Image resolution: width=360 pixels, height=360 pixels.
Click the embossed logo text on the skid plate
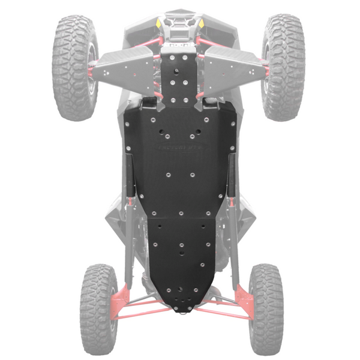click(180, 148)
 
